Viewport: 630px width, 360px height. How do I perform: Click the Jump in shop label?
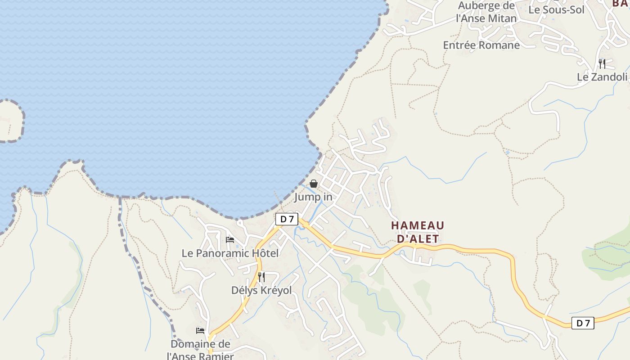(x=313, y=197)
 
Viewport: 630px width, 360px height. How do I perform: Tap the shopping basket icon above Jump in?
(x=314, y=184)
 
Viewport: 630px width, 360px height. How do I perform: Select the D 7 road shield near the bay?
(x=287, y=219)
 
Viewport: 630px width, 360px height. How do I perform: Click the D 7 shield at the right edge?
(x=583, y=323)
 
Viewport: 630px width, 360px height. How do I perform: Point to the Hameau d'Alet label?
(x=418, y=232)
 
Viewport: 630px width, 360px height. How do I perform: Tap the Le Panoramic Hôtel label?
(x=230, y=253)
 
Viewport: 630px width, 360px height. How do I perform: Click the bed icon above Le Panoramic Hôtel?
(x=230, y=240)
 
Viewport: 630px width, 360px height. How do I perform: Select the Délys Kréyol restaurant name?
(x=261, y=290)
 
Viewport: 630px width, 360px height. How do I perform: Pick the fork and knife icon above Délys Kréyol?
(x=261, y=277)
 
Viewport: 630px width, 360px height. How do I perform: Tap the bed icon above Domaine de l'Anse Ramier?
(x=200, y=331)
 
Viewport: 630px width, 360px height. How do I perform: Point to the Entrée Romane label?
(x=481, y=45)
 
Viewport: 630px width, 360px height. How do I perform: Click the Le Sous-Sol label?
(x=556, y=9)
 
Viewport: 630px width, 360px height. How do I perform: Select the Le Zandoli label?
(x=602, y=77)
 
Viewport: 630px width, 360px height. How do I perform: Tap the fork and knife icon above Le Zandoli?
(x=602, y=63)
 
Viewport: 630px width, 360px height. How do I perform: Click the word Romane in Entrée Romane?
(x=499, y=45)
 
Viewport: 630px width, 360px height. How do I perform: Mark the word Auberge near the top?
(x=480, y=6)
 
